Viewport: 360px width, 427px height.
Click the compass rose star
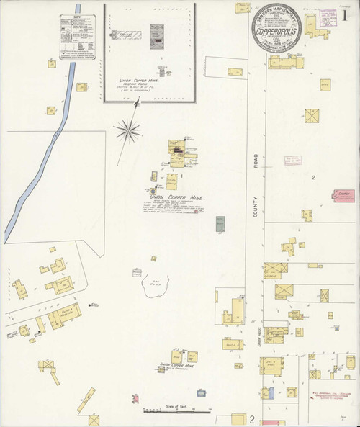pos(127,130)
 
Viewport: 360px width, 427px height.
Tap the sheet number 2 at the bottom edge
pos(252,418)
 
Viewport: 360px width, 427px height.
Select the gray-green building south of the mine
pos(220,224)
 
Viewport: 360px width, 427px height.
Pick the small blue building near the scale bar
pos(267,392)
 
